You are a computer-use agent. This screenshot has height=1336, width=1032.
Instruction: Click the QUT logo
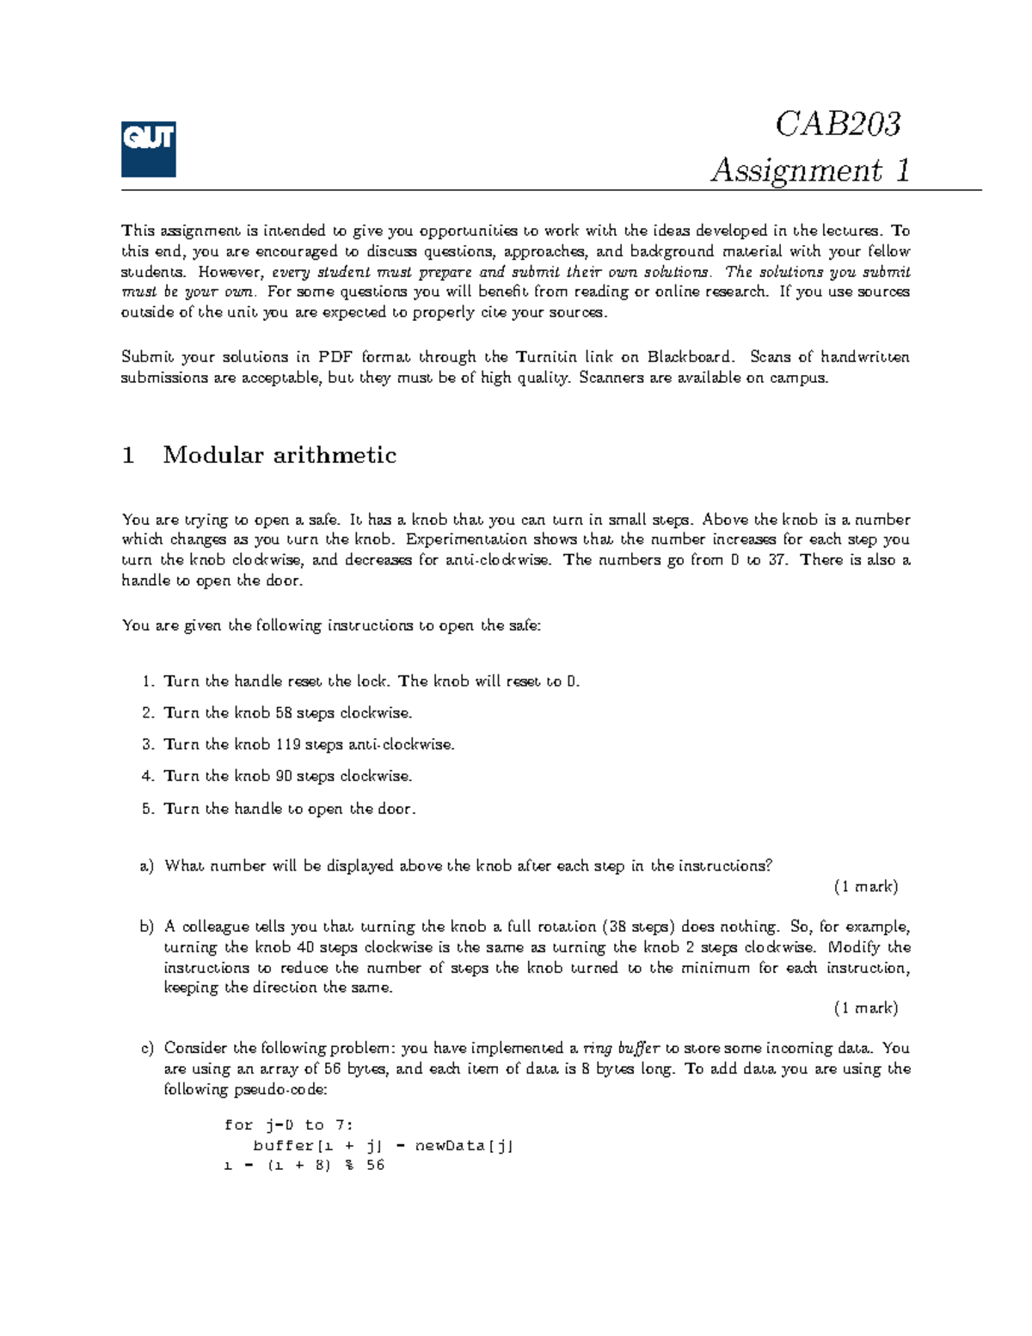(148, 149)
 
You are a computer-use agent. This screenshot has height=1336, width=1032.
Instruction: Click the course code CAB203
(838, 124)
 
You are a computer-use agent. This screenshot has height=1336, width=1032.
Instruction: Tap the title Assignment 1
(809, 169)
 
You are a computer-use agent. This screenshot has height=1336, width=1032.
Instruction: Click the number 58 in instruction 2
(284, 713)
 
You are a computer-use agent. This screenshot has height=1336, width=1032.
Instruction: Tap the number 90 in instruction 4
(284, 776)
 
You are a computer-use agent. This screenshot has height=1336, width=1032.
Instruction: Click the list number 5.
(147, 809)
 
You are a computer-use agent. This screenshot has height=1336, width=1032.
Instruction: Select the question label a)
(146, 866)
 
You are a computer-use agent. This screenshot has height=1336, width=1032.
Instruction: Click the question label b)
(146, 927)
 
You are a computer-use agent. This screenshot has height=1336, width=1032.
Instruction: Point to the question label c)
(146, 1049)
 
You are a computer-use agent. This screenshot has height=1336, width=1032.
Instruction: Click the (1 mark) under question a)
(865, 887)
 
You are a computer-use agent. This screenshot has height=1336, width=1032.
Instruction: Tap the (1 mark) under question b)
(865, 1008)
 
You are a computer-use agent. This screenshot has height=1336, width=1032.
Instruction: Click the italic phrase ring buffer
(621, 1049)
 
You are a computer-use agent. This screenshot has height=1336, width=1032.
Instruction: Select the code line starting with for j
(288, 1125)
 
